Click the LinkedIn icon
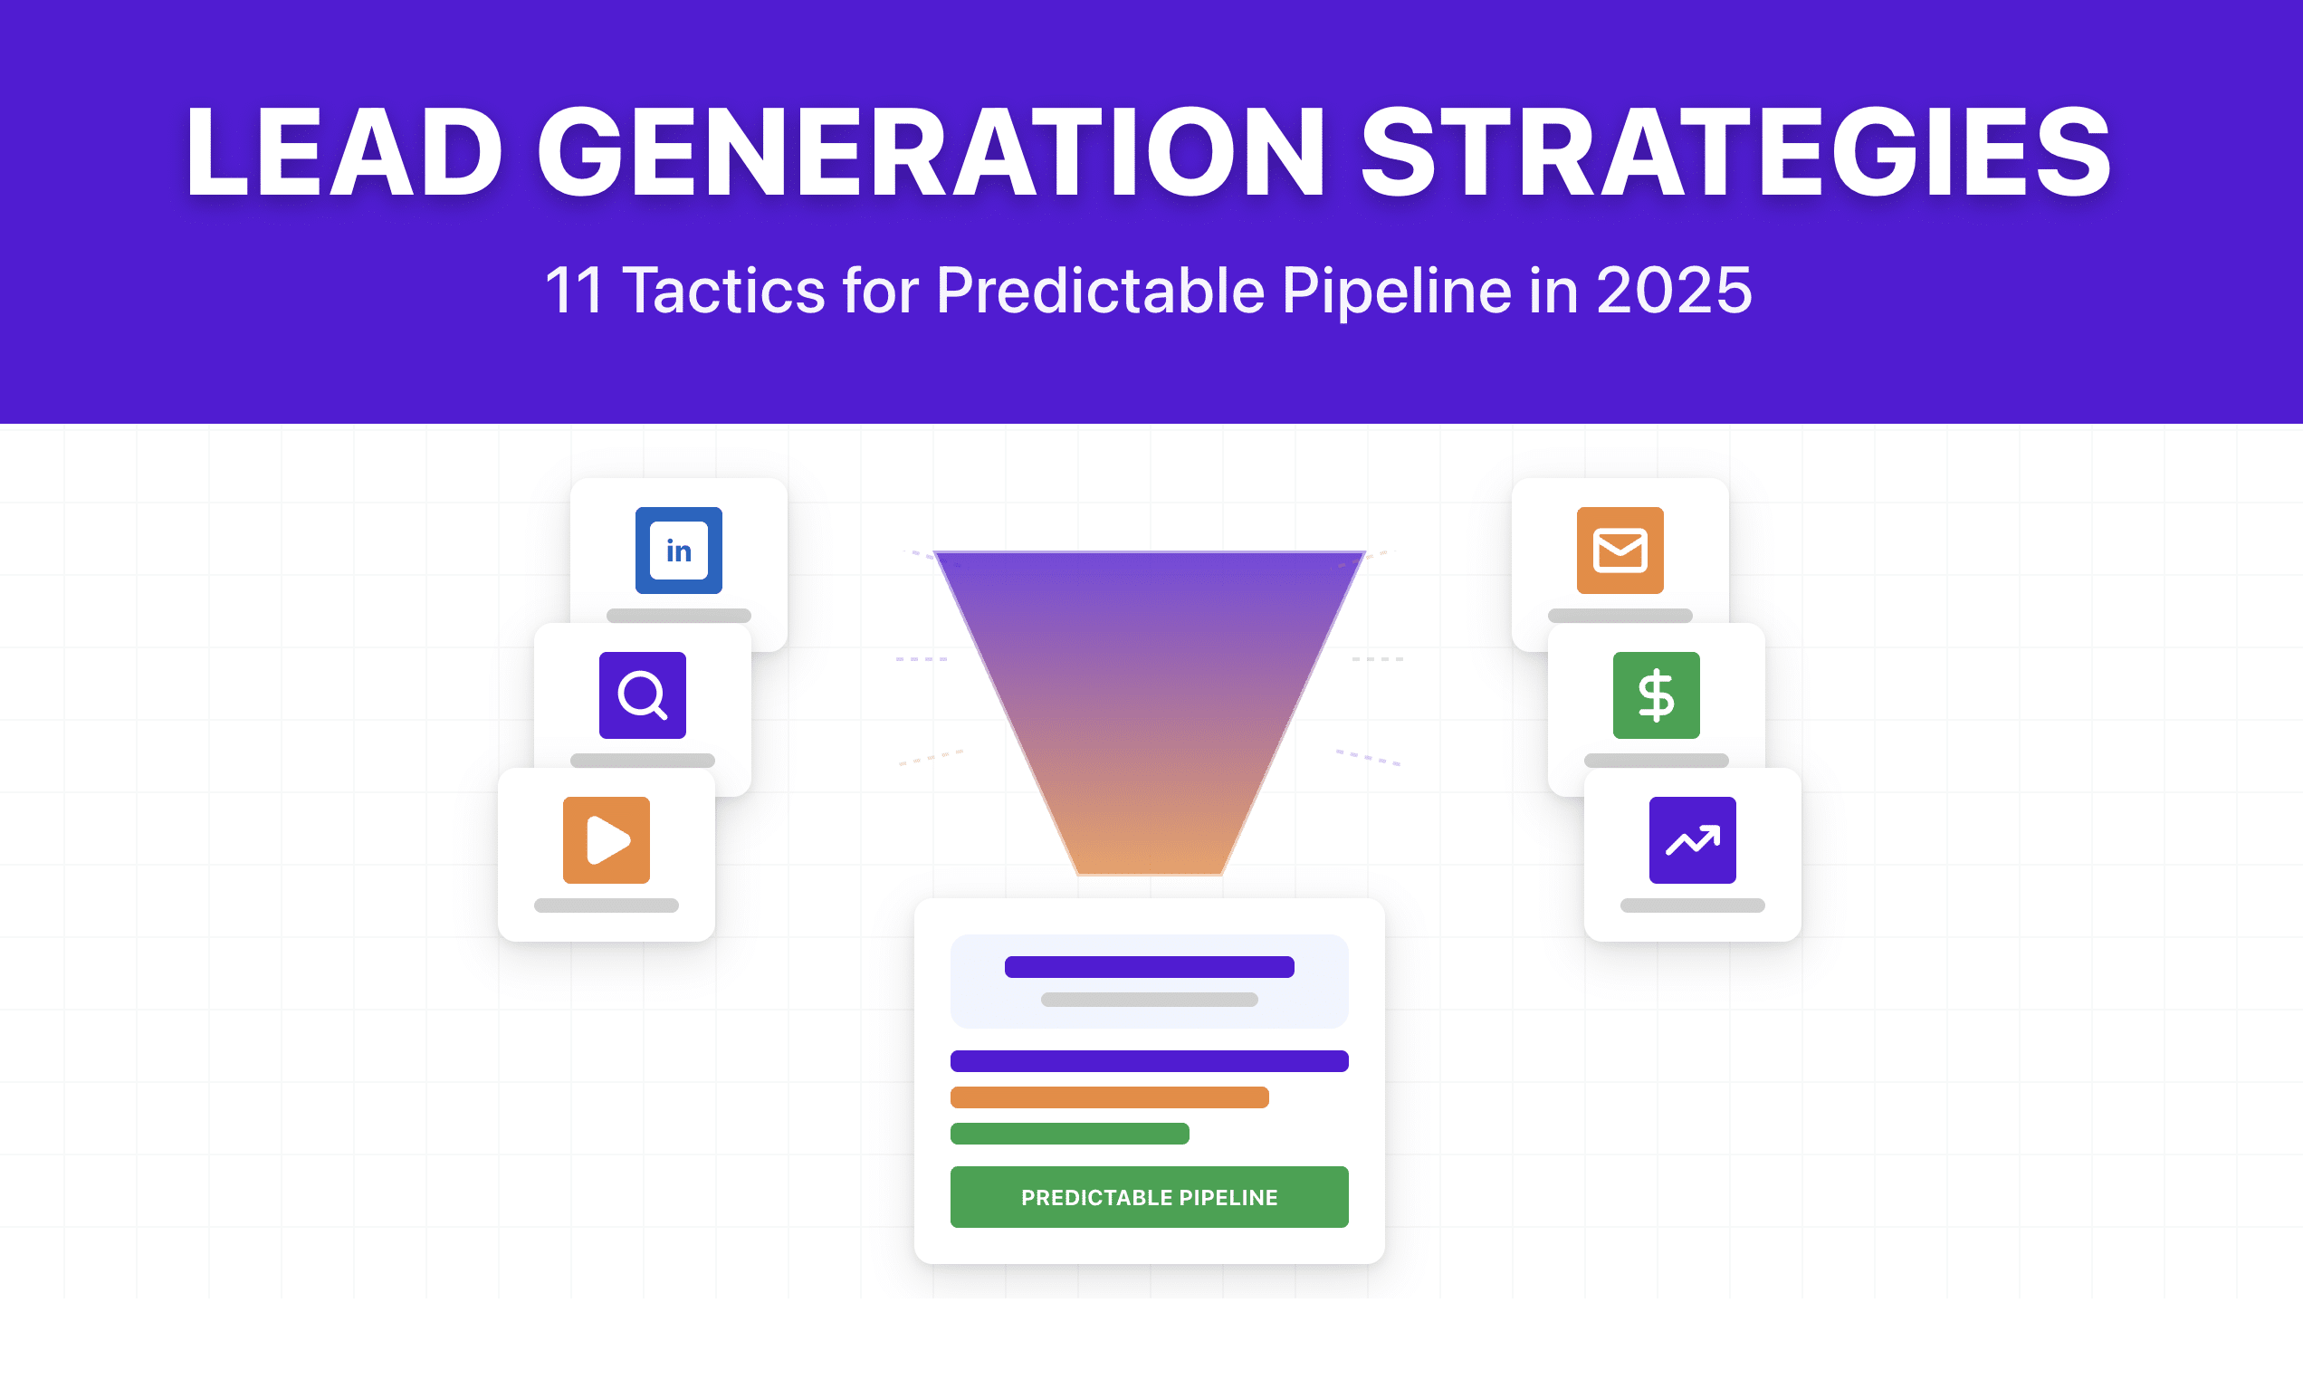[679, 551]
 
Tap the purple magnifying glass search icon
[642, 695]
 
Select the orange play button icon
[606, 840]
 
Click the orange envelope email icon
[1620, 551]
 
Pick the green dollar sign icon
[1657, 695]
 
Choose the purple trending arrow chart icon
[1692, 840]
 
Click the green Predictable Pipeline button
[1149, 1196]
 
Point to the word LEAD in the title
[344, 152]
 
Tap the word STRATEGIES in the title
[1735, 152]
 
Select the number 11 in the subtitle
[574, 291]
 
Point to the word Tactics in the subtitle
[724, 291]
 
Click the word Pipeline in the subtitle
[1397, 291]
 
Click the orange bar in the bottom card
[1110, 1097]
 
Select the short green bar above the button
[1069, 1134]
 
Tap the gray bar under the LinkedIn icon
[679, 616]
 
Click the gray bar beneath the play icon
[606, 905]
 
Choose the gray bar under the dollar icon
[1657, 761]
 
